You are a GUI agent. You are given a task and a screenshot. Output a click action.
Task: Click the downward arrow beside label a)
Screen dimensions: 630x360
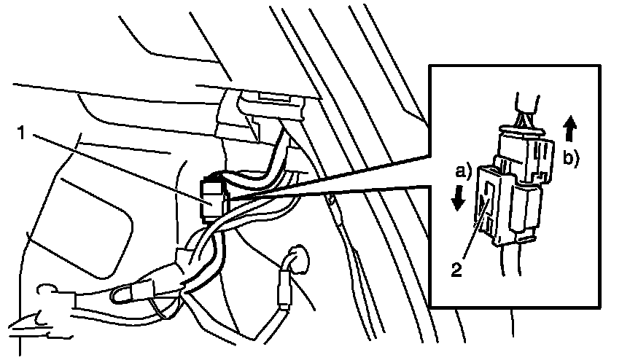tap(457, 197)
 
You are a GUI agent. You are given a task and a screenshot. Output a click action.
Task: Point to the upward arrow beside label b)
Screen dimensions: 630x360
tap(570, 130)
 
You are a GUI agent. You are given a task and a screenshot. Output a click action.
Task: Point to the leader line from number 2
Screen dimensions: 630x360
tap(471, 241)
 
